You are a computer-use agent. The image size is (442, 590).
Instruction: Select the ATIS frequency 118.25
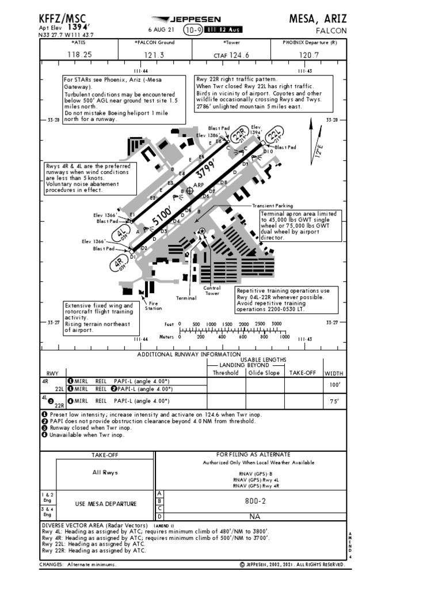coord(79,55)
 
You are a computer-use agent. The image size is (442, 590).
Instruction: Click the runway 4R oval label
coord(119,264)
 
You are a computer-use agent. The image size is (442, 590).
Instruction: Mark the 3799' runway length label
coord(208,170)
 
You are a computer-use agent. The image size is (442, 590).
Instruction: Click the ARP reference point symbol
coord(190,190)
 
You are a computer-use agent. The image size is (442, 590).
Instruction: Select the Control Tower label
coord(212,290)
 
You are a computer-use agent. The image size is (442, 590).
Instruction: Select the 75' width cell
coord(333,401)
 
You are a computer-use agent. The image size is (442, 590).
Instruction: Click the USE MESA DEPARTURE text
coord(106,504)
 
